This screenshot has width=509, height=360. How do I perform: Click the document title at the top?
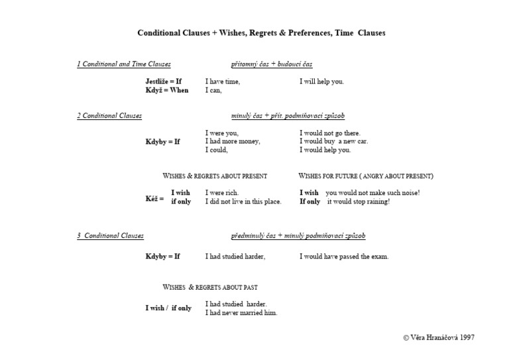click(x=261, y=32)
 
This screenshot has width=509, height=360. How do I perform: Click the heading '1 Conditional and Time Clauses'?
click(x=124, y=64)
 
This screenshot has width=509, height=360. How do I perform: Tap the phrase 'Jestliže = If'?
click(x=164, y=82)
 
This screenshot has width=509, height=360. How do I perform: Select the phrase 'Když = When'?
click(x=167, y=90)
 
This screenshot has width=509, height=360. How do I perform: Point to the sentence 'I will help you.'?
click(x=321, y=82)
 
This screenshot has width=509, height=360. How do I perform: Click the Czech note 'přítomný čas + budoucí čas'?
click(x=272, y=64)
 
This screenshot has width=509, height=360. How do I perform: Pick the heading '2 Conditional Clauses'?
click(x=109, y=116)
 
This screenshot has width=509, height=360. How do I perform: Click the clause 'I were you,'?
click(x=222, y=133)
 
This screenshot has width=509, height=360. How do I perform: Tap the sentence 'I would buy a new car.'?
click(x=333, y=141)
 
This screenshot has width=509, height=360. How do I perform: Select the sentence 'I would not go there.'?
click(x=330, y=133)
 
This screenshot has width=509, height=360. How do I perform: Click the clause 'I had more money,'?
click(x=233, y=141)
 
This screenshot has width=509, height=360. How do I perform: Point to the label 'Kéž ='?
click(x=154, y=198)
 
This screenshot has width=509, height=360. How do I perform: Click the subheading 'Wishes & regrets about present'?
click(x=215, y=176)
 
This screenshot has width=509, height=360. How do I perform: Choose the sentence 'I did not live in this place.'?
click(x=243, y=202)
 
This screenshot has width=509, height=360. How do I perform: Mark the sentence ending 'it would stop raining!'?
click(x=359, y=202)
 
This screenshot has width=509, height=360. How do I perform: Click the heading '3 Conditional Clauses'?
click(x=110, y=236)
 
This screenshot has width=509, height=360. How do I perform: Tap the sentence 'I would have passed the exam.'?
click(x=344, y=257)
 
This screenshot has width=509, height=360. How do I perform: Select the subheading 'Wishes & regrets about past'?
click(x=210, y=288)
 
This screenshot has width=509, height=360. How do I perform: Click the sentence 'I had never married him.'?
click(x=241, y=313)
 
